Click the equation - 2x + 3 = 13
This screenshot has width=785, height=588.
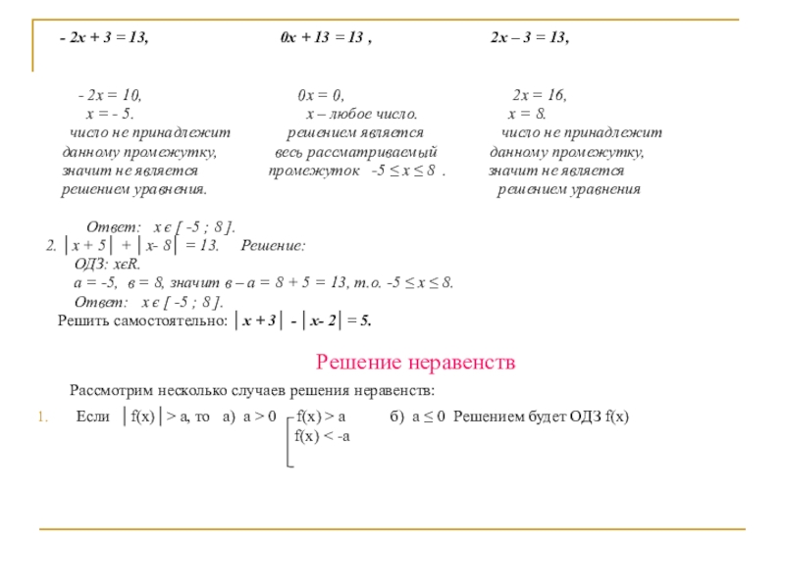103,37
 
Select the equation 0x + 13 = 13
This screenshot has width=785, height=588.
324,37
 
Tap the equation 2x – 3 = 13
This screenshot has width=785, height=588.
529,37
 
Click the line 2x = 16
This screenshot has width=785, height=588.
539,95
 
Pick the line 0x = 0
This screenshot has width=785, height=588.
320,95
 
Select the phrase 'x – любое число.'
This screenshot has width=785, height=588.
362,114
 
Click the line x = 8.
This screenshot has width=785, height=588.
533,114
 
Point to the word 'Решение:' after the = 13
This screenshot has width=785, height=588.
273,246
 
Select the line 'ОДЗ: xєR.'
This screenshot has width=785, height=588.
108,265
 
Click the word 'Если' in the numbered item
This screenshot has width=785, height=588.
92,416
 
